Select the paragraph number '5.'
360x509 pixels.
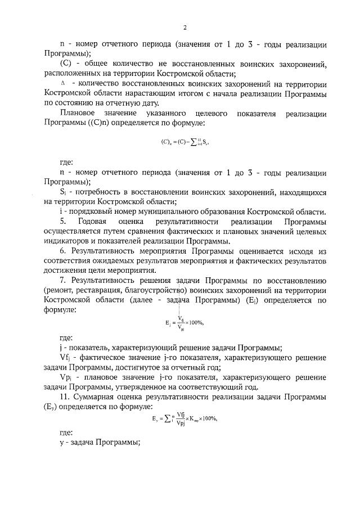(63, 222)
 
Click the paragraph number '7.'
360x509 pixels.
(63, 280)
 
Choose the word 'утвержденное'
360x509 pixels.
(142, 388)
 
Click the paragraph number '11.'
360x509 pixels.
(65, 398)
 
